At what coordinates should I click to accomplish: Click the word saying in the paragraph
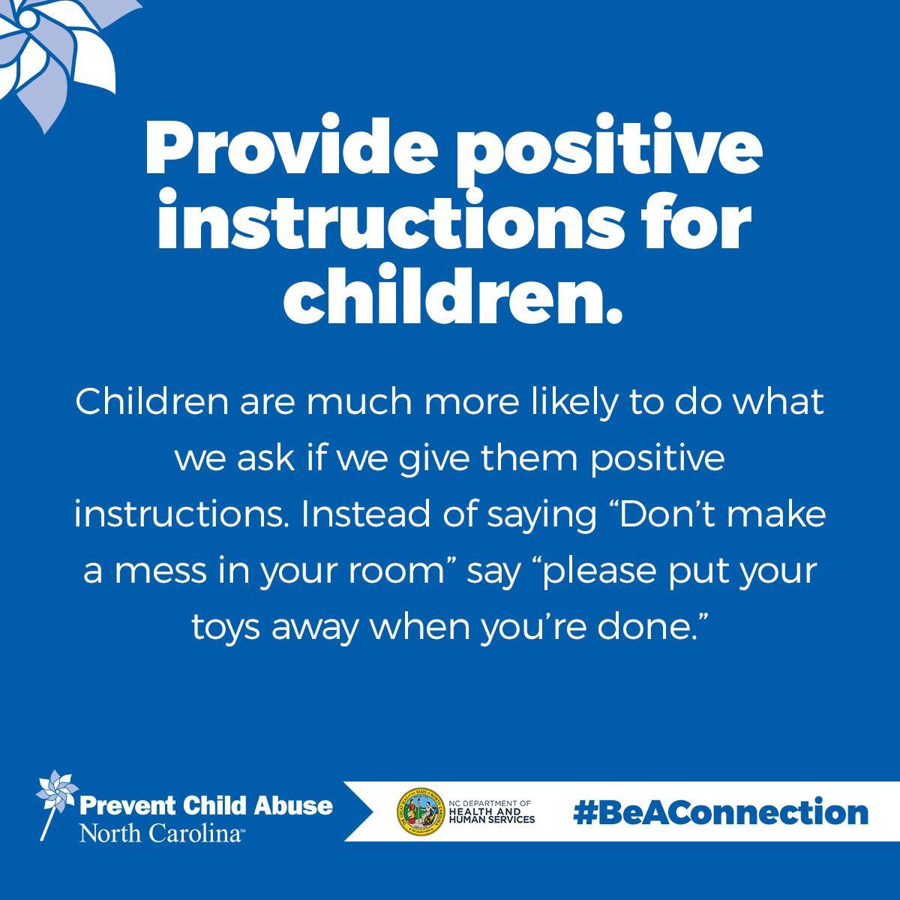pos(542,517)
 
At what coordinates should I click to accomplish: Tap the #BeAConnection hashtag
pos(721,813)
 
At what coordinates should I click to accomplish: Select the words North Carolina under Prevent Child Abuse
pos(160,832)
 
